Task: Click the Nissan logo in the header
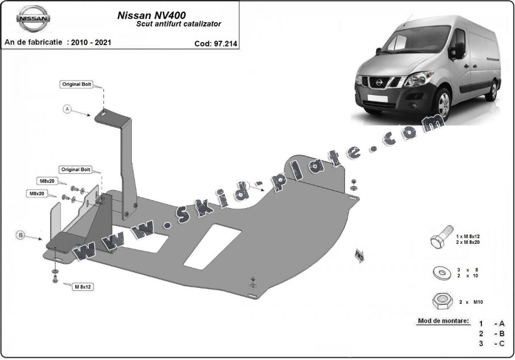(x=34, y=19)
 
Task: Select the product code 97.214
(x=216, y=44)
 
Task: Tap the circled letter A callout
(x=68, y=109)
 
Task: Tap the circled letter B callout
(x=20, y=234)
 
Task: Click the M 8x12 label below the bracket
(x=83, y=287)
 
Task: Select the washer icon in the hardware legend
(x=440, y=272)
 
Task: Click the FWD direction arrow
(x=359, y=255)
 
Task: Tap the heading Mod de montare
(x=443, y=321)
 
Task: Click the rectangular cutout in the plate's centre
(x=213, y=246)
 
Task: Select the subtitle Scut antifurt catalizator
(x=178, y=24)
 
